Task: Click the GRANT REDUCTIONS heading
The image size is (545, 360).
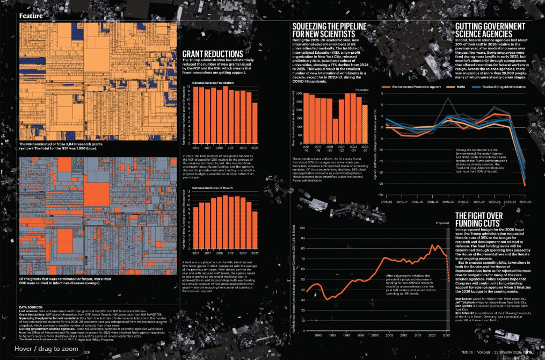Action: [x=213, y=54]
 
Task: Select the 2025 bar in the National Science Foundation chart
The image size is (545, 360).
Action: [x=255, y=121]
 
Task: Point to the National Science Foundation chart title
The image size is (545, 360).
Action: [x=213, y=83]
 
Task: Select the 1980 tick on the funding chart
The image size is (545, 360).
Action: [x=318, y=336]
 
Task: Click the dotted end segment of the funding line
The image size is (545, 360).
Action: [x=447, y=269]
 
